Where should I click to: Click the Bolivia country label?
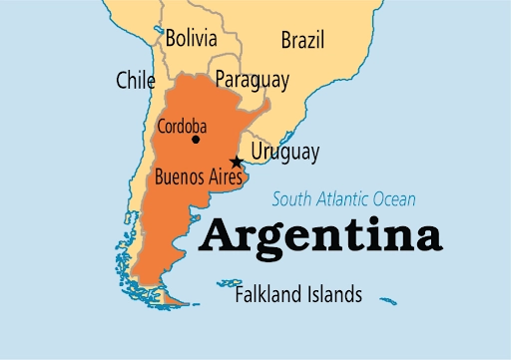pos(191,40)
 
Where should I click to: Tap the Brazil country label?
pos(301,41)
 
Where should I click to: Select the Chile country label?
pos(136,79)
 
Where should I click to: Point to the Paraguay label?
pos(252,79)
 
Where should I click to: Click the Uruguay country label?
pos(284,153)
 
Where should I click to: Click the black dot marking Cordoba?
pos(196,140)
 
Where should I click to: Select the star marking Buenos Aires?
pos(237,162)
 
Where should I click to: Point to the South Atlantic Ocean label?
pos(344,198)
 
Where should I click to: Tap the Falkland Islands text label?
pos(298,295)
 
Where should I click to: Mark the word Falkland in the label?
pos(267,295)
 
